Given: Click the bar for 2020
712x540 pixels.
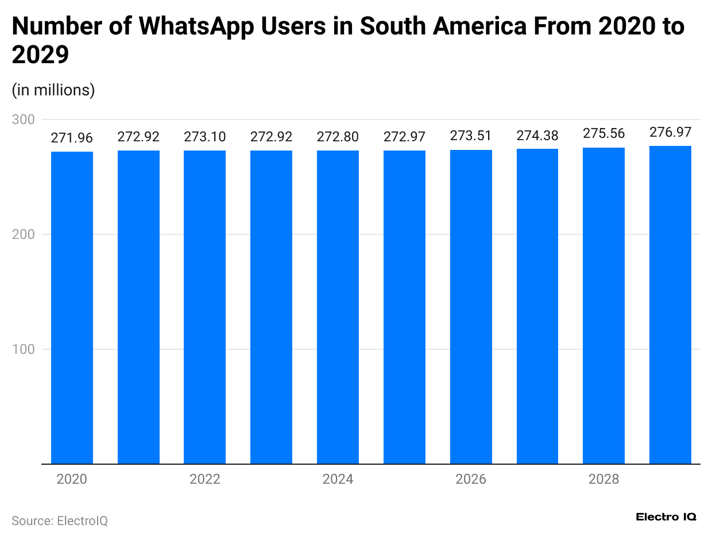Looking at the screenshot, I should tap(72, 307).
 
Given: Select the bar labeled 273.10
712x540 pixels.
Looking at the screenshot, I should tap(205, 307).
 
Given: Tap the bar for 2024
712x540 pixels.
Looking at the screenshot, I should tap(338, 307).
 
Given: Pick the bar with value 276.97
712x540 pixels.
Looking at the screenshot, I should tap(670, 304).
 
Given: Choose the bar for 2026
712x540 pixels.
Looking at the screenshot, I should tap(471, 307).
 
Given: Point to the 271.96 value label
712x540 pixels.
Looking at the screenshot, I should tap(72, 138).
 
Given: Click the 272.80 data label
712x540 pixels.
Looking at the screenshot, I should tap(338, 137).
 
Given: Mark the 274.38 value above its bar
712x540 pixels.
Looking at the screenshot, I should tap(537, 136).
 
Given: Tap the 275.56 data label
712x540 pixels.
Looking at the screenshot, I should tap(604, 133).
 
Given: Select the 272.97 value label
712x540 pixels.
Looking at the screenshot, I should tap(404, 137).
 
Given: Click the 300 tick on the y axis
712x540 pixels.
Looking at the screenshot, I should tap(25, 119).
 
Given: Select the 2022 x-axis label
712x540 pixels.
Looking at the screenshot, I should tap(205, 479).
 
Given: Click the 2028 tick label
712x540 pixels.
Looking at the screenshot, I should tap(604, 479).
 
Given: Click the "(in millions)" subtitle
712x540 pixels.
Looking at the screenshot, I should tap(53, 90).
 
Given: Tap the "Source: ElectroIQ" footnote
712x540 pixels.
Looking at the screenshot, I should tap(60, 520).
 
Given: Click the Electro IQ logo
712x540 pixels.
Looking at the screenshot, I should tap(666, 517).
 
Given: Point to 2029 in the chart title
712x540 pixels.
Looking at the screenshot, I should tap(40, 55).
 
